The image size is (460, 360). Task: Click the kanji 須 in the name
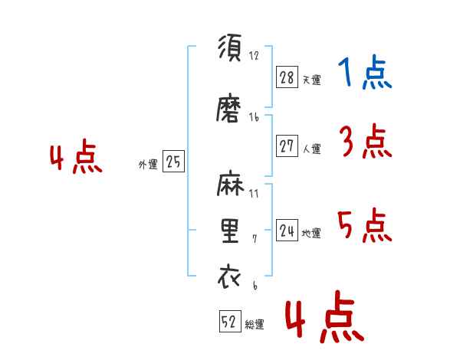[x=230, y=47]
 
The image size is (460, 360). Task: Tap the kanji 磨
[x=228, y=107]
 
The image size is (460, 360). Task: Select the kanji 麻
[x=230, y=183]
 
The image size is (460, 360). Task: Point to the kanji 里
[x=230, y=231]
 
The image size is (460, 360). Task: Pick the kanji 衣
[x=229, y=277]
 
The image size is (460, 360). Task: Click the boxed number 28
[x=287, y=77]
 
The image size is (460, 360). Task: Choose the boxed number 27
[x=287, y=146]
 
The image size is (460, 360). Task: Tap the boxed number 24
[x=287, y=230]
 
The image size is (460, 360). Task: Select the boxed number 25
[x=173, y=161]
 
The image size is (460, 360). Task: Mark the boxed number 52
[x=230, y=321]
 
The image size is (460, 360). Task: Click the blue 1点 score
[x=365, y=72]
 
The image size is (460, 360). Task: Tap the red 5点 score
[x=365, y=225]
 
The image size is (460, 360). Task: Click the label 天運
[x=312, y=80]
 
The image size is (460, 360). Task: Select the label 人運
[x=312, y=149]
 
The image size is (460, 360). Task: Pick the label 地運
[x=311, y=234]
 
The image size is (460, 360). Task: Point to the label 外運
[x=148, y=164]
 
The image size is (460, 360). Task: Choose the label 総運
[x=255, y=325]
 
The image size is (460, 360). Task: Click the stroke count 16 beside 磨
[x=254, y=117]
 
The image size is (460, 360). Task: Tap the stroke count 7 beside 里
[x=255, y=239]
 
